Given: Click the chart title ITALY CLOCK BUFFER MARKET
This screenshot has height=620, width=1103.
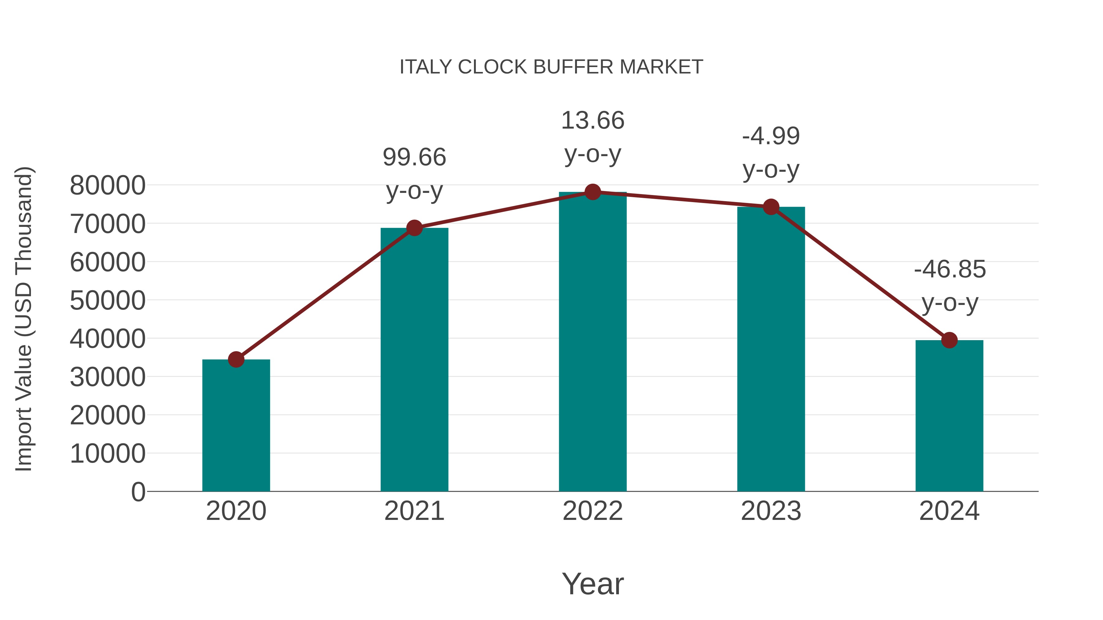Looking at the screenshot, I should click(x=551, y=67).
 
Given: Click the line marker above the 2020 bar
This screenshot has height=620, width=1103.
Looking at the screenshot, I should click(x=236, y=359).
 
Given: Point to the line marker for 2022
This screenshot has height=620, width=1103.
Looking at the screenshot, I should click(x=593, y=192).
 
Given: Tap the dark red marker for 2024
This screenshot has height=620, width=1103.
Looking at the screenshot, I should click(x=949, y=340).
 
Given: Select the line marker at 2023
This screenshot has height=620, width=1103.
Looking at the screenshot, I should click(x=771, y=207).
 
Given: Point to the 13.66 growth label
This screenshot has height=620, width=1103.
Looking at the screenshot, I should click(x=593, y=120).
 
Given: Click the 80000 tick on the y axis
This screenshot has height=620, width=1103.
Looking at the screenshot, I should click(x=108, y=186).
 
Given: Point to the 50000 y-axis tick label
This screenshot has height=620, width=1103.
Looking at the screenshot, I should click(x=108, y=300).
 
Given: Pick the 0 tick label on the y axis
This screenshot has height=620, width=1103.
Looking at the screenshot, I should click(x=138, y=492).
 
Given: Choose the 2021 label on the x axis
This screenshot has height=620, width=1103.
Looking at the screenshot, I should click(x=414, y=511).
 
